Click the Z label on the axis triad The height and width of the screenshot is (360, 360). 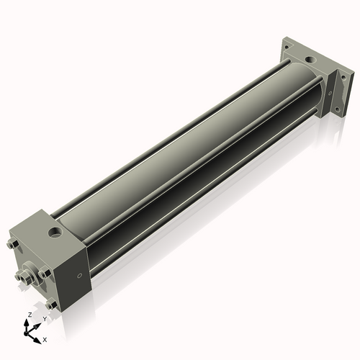(29, 315)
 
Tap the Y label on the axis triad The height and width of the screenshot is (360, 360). (44, 318)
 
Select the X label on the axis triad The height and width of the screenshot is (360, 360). (45, 338)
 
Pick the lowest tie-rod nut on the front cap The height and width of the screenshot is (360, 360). (51, 305)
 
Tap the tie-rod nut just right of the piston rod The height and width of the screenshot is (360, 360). (45, 274)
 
